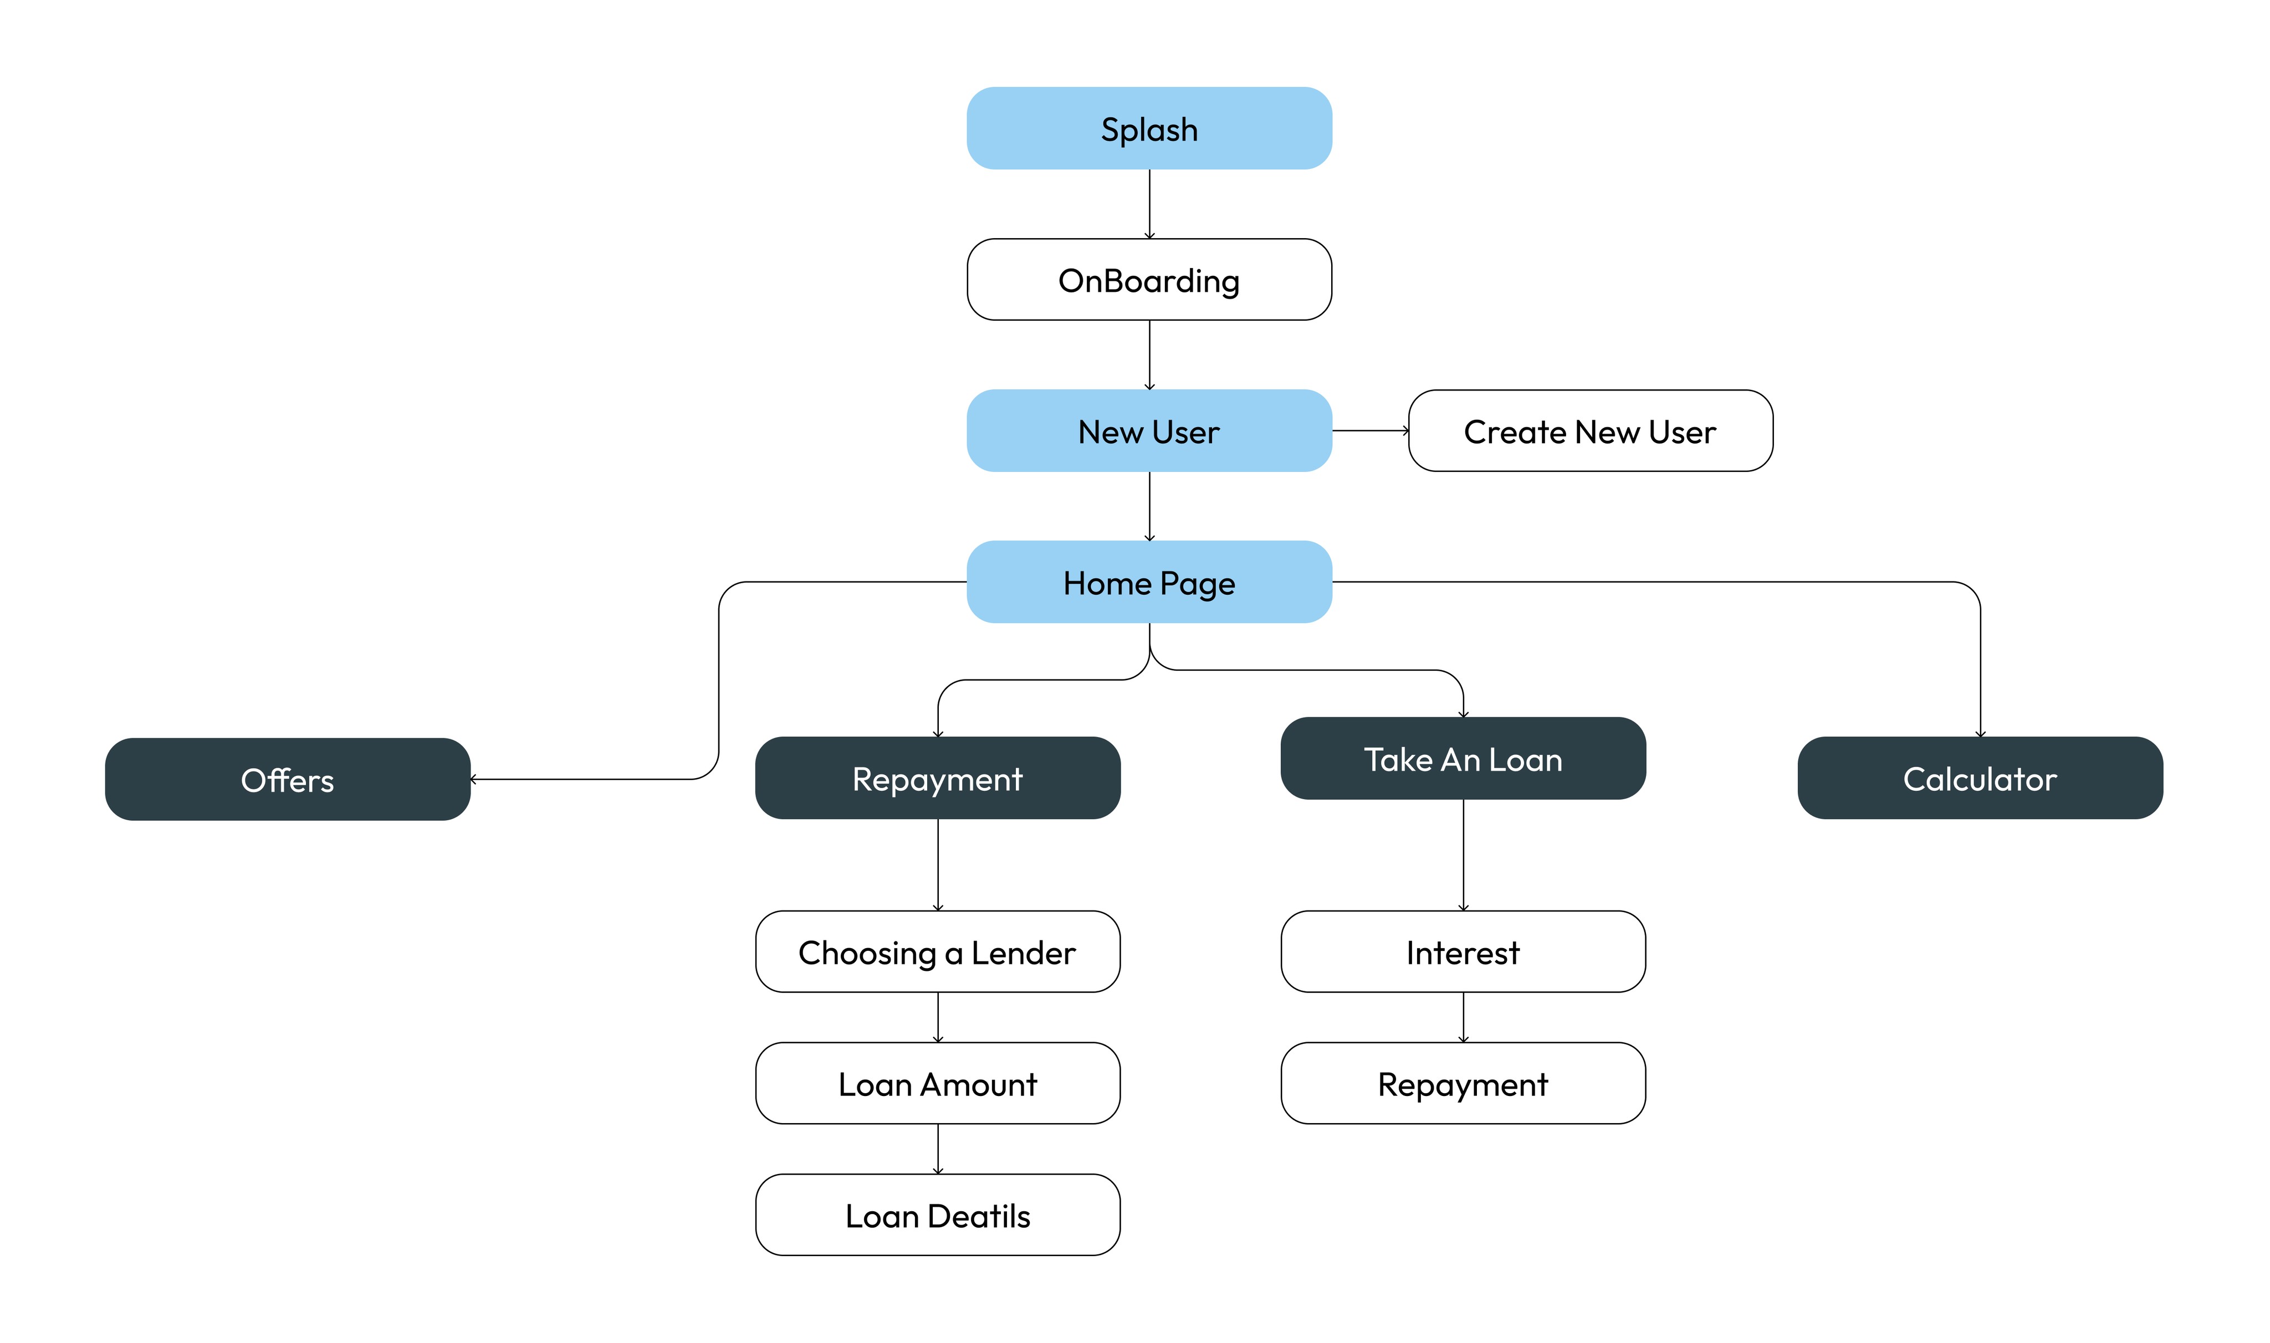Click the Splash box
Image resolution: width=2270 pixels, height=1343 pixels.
tap(1149, 128)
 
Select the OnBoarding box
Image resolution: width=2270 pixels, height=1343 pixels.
tap(1149, 280)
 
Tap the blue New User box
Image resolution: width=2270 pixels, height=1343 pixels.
tap(1149, 431)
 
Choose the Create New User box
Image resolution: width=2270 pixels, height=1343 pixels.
tap(1590, 431)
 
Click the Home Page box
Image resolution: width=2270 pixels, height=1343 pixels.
tap(1149, 582)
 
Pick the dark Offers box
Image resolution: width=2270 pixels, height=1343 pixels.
tap(288, 779)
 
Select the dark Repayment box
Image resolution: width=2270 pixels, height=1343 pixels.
tap(938, 778)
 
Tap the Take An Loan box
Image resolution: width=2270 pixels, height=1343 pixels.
tap(1463, 758)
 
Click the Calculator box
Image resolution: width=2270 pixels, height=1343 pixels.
tap(1980, 778)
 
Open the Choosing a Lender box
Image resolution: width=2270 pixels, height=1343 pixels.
tap(938, 952)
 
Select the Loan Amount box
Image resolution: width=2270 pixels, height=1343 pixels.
tap(938, 1083)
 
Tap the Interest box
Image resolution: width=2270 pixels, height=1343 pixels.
tap(1463, 952)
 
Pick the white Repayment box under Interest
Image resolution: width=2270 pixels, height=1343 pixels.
tap(1463, 1083)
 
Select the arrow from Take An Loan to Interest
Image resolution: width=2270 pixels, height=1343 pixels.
tap(1463, 855)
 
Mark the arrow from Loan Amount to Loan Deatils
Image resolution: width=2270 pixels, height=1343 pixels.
tap(938, 1149)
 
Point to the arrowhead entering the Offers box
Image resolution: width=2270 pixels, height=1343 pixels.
tap(473, 779)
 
